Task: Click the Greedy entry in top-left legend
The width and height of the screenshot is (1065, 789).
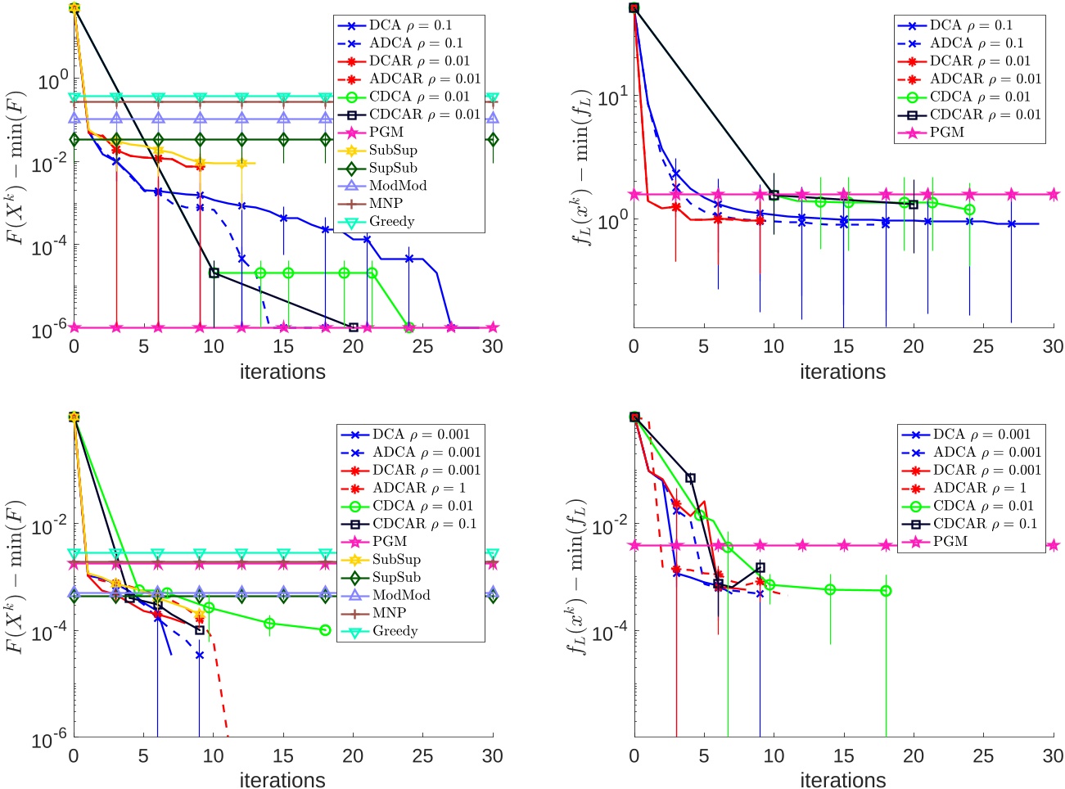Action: [x=391, y=222]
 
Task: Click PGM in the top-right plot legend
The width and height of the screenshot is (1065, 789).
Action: [x=947, y=133]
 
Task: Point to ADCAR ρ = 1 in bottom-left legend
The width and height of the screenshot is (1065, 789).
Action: [x=418, y=488]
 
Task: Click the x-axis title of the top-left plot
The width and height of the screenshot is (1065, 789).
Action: [x=282, y=372]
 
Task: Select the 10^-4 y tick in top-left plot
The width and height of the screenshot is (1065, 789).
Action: [x=50, y=246]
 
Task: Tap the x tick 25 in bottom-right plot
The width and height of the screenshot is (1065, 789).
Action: [x=983, y=755]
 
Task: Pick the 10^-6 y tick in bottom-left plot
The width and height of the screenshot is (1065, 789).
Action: [x=50, y=740]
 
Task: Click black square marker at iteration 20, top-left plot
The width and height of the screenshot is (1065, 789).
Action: [x=354, y=327]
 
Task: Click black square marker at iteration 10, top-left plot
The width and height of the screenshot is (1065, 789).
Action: [x=214, y=273]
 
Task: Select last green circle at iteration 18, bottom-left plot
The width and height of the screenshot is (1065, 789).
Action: [x=325, y=630]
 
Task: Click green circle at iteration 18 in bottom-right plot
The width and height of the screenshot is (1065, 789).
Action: [x=886, y=591]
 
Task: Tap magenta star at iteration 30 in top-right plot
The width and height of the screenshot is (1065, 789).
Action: [x=1053, y=195]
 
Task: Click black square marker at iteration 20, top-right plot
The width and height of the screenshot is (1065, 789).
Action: [x=914, y=205]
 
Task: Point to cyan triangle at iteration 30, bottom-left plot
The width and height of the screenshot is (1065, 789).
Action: [x=492, y=554]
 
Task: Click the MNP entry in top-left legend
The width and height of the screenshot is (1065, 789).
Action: [x=387, y=204]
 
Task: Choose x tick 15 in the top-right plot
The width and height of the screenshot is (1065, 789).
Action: [x=843, y=346]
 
